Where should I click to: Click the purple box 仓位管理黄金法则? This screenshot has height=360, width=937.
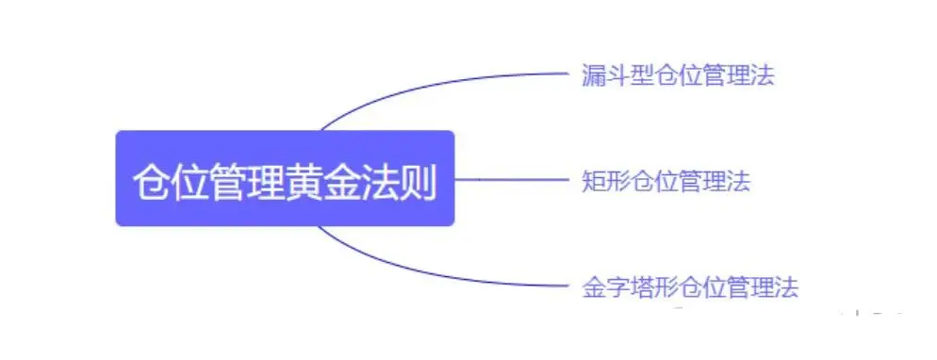tap(285, 178)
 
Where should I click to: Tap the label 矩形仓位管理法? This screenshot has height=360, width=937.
tap(666, 181)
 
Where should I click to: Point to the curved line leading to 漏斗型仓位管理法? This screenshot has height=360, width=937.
tap(424, 85)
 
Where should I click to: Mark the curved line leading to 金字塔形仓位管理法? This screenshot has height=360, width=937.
tap(424, 271)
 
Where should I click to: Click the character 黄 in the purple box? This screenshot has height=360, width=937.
tap(304, 180)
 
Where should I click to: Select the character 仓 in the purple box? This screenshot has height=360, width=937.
tap(151, 180)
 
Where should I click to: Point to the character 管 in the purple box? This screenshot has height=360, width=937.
tap(227, 180)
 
